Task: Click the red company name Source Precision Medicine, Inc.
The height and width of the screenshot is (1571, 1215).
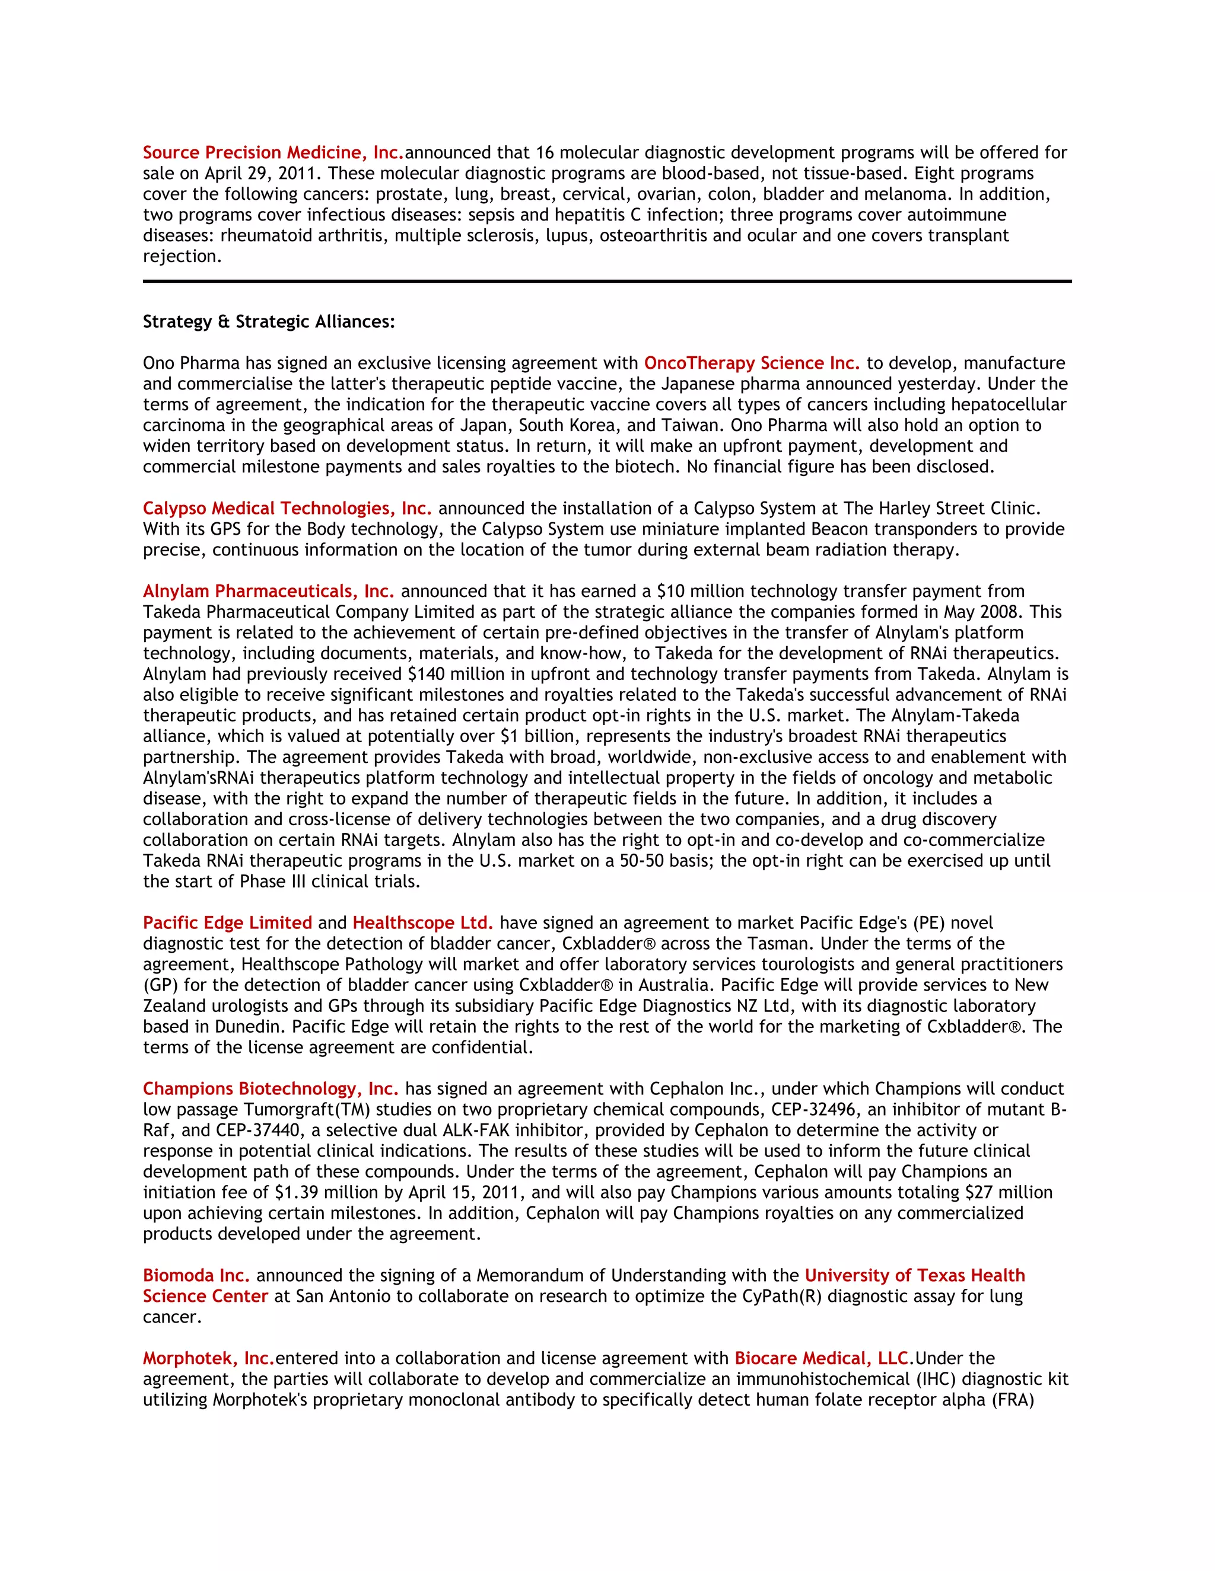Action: pos(273,152)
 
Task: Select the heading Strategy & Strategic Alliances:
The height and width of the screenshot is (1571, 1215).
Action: pos(269,321)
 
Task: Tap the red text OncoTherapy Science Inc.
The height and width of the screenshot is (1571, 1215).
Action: pos(752,363)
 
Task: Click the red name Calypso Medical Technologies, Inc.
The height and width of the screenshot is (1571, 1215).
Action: pos(287,509)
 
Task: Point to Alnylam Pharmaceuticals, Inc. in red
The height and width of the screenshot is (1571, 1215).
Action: pos(268,591)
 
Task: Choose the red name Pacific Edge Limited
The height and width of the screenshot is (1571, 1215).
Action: pos(227,923)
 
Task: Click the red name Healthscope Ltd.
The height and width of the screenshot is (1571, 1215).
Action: pos(422,923)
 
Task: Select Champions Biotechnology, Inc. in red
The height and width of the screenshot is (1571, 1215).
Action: pos(270,1089)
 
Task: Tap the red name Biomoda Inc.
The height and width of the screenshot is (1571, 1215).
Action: pos(196,1275)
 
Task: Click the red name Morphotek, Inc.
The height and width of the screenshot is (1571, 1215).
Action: pos(208,1358)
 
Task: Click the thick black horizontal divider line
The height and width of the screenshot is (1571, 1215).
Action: pos(607,281)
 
